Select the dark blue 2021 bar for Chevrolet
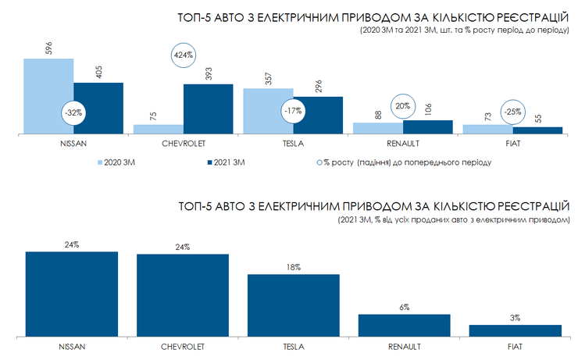point(208,109)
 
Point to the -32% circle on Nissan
point(73,112)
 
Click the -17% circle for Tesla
point(294,111)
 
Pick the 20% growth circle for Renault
point(402,107)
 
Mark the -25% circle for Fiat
point(513,111)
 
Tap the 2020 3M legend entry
point(118,162)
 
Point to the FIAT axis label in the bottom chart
point(515,345)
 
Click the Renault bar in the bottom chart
point(404,326)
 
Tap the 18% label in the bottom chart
point(294,267)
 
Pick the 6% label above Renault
point(404,307)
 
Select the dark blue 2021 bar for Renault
point(428,127)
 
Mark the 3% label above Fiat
point(515,318)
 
